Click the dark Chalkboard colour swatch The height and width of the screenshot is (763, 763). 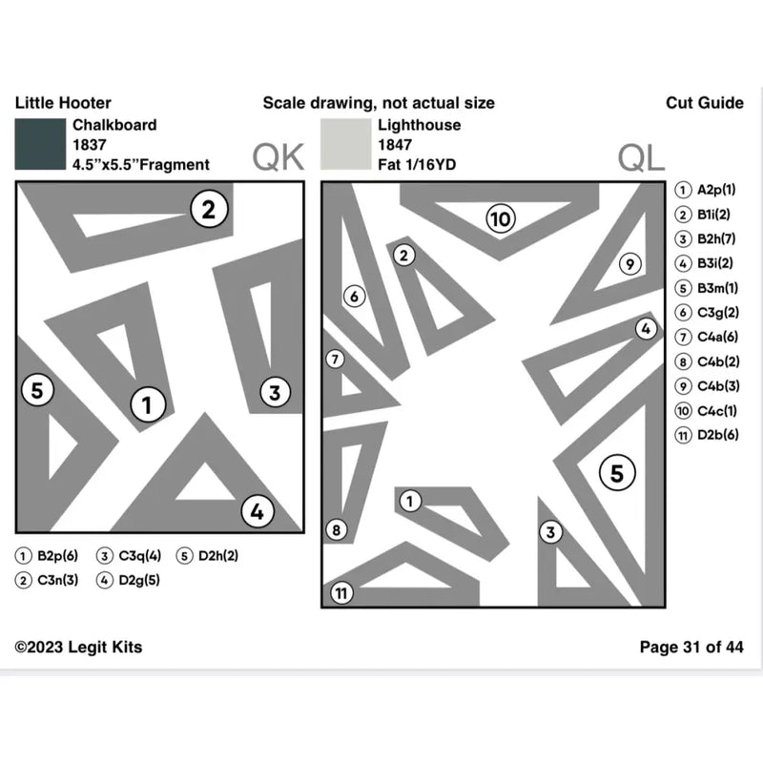[x=40, y=144]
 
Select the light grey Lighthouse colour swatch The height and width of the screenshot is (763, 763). [x=345, y=144]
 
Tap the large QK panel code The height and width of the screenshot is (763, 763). [x=278, y=157]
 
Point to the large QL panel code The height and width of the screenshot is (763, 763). [x=641, y=157]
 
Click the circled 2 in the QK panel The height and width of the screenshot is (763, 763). [x=209, y=209]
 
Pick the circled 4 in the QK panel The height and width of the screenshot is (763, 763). [x=258, y=511]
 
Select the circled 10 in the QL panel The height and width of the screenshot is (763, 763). [x=501, y=218]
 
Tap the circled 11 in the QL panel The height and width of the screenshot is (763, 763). [x=341, y=592]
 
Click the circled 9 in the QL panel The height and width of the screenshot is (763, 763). [x=630, y=264]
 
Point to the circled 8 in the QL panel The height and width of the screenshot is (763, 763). [x=337, y=529]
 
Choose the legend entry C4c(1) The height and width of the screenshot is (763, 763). [x=706, y=411]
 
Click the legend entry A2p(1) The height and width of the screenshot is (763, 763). [x=705, y=190]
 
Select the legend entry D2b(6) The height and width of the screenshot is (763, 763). [x=707, y=435]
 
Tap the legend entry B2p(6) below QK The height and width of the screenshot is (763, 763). [x=47, y=555]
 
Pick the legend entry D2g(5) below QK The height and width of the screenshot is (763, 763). [x=128, y=580]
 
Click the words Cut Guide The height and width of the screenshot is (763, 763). [x=705, y=103]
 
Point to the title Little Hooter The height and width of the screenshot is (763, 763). [x=63, y=103]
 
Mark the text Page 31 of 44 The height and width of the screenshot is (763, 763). [x=691, y=647]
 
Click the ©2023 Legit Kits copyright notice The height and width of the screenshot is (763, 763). [x=78, y=647]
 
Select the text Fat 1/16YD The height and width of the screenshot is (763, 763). [x=417, y=164]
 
